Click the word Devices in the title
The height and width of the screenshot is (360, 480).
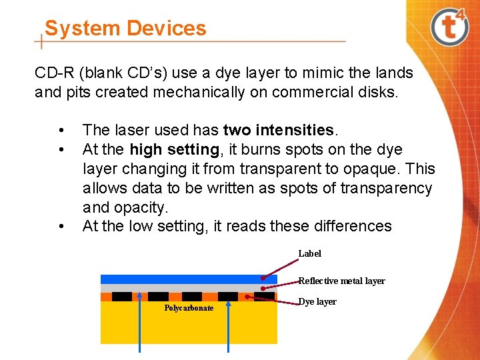[166, 28]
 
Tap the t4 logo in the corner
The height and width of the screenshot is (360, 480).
[449, 27]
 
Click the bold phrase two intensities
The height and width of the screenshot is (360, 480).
[278, 130]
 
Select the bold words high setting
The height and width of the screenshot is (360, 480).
[175, 150]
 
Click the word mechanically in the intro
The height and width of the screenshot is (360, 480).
[199, 92]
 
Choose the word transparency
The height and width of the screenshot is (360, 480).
[386, 189]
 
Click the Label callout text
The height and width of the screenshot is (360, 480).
[310, 253]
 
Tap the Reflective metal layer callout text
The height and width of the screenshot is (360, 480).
[341, 281]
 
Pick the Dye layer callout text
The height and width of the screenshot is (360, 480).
[317, 302]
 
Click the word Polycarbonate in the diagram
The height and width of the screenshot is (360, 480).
[189, 308]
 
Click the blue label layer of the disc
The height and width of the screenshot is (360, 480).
[189, 279]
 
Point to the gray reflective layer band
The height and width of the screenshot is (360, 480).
[189, 288]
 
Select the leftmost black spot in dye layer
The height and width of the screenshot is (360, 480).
[122, 297]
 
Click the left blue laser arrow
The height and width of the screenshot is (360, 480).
[139, 323]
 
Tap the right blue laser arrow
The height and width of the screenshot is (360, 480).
[228, 326]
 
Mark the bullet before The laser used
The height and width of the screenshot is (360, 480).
[61, 131]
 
